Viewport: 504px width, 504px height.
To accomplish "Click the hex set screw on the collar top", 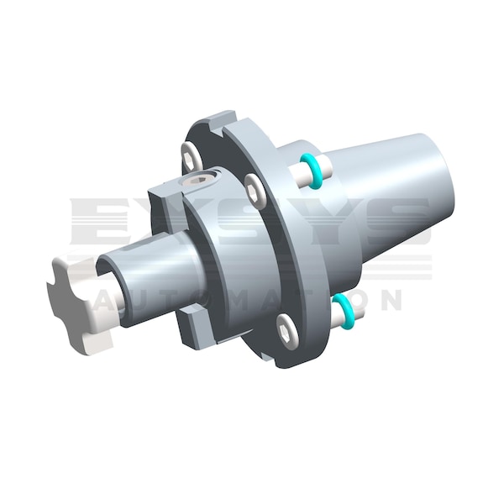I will pyautogui.click(x=202, y=179).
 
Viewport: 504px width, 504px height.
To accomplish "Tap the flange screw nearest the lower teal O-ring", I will pyautogui.click(x=287, y=332).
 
